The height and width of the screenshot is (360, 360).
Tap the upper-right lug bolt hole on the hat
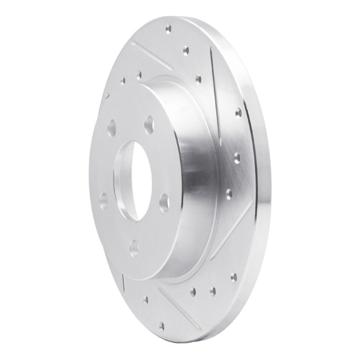(149, 122)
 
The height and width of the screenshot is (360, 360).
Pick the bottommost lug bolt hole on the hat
(134, 248)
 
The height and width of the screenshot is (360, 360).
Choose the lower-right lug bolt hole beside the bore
(164, 202)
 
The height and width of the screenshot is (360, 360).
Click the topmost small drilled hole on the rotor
(168, 30)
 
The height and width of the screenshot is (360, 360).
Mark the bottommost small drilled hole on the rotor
(162, 325)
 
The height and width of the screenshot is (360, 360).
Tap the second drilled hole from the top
(185, 51)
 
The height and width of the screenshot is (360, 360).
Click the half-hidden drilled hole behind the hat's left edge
(107, 96)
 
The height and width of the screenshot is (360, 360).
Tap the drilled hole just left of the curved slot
(198, 80)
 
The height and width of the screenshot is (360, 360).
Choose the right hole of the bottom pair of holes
(212, 291)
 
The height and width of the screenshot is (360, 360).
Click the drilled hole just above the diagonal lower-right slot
(229, 193)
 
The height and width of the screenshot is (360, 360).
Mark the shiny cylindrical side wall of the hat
(198, 180)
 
